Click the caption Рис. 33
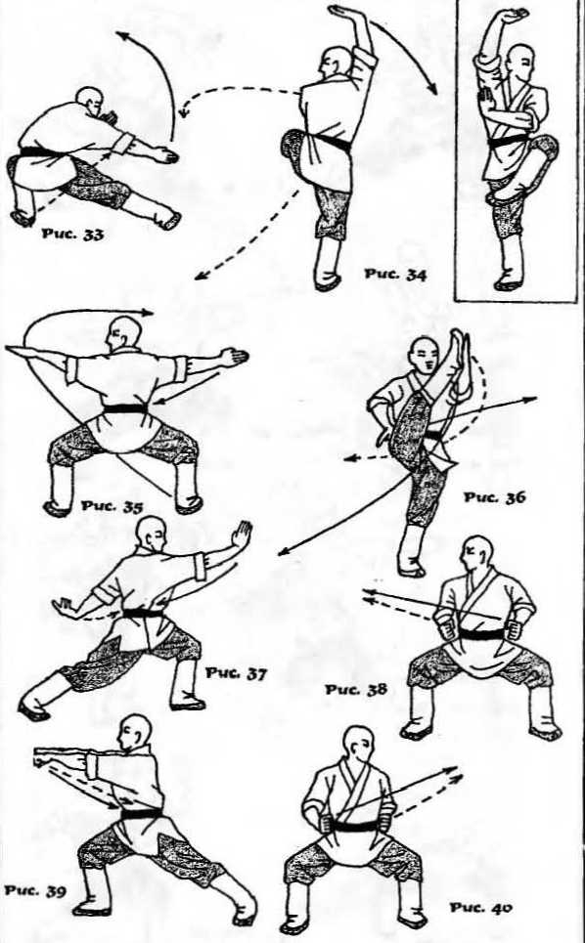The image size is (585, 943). (72, 234)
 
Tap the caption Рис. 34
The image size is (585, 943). (395, 275)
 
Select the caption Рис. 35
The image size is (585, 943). (112, 505)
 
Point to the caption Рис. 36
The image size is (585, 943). (495, 497)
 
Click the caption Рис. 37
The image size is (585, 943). (236, 673)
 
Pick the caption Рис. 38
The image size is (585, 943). (356, 689)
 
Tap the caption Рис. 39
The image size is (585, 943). (35, 890)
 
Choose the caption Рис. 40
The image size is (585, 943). (480, 908)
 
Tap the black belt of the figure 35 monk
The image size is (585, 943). (125, 408)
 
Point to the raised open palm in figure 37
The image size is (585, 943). (243, 534)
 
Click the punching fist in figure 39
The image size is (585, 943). (42, 756)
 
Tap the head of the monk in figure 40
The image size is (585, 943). (358, 743)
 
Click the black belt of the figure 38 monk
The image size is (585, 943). (481, 634)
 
